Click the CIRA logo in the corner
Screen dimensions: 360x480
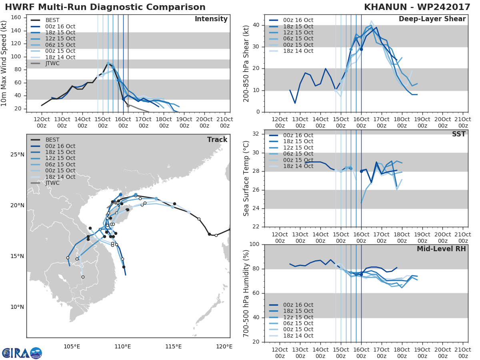coord(22,353)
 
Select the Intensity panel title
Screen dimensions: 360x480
coord(211,19)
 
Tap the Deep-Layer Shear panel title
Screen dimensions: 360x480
coord(432,19)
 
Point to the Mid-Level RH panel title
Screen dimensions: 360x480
coord(441,249)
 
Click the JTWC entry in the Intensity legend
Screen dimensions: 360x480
coord(52,63)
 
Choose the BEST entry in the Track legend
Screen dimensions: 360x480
coord(52,140)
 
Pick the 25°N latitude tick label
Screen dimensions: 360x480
coord(17,155)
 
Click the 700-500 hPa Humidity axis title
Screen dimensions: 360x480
coord(246,293)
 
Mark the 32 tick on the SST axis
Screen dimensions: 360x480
coord(257,134)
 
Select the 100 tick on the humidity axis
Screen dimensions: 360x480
coord(255,244)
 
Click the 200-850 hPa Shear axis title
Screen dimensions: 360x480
coord(246,63)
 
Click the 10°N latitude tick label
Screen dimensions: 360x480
coord(17,307)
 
